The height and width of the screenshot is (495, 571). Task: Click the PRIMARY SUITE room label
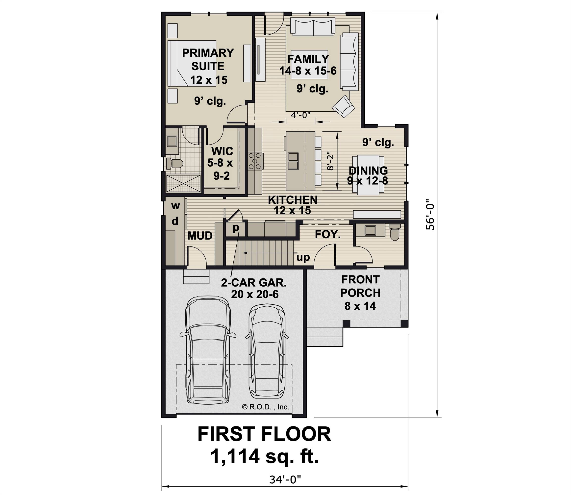pyautogui.click(x=208, y=59)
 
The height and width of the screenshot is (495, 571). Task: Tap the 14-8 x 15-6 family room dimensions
pyautogui.click(x=308, y=71)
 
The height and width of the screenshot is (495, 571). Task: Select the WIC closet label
pyautogui.click(x=222, y=151)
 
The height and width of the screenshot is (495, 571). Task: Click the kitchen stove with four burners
pyautogui.click(x=255, y=161)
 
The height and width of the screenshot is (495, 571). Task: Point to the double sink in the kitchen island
pyautogui.click(x=293, y=161)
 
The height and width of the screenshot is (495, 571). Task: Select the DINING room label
pyautogui.click(x=368, y=171)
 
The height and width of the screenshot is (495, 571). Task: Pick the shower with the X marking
pyautogui.click(x=184, y=183)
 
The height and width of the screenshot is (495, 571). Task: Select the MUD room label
pyautogui.click(x=200, y=236)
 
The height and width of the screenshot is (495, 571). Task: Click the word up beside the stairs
pyautogui.click(x=303, y=257)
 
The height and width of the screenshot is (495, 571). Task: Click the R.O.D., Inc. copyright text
pyautogui.click(x=265, y=407)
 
